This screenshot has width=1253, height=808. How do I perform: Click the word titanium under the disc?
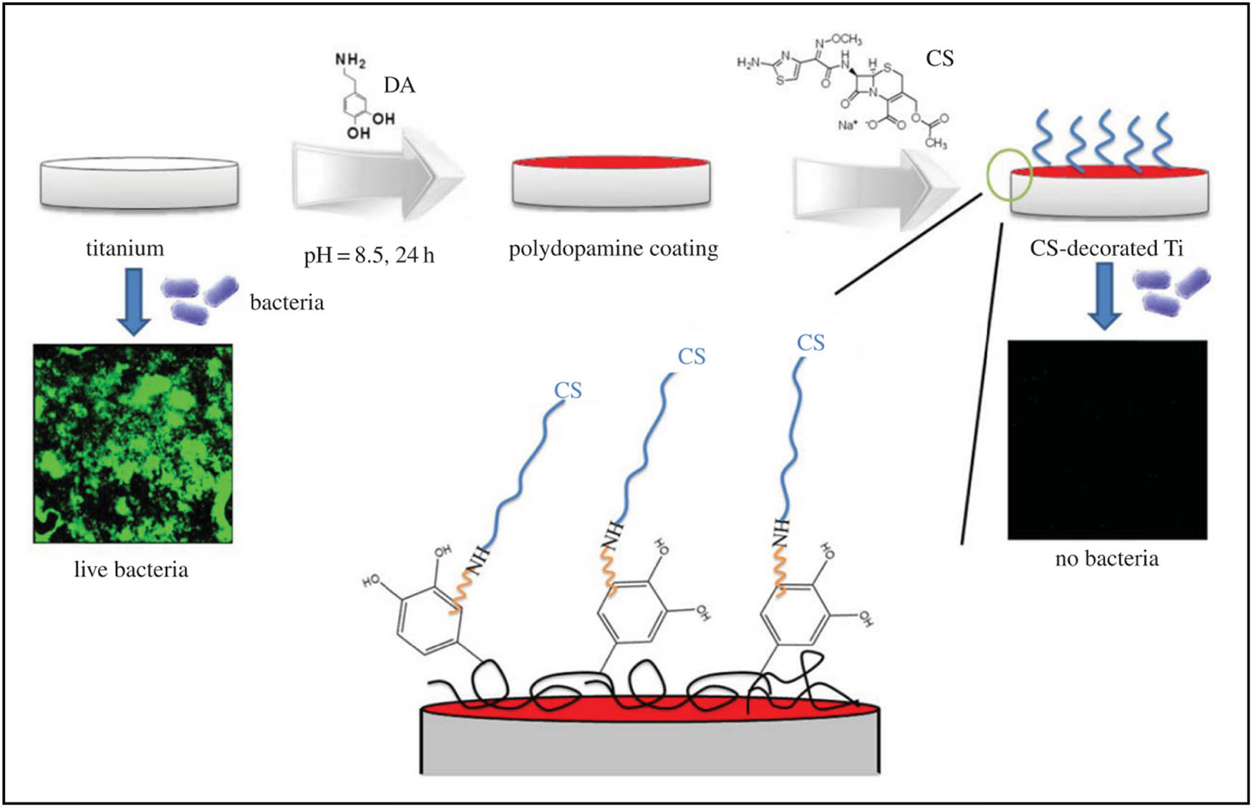[x=125, y=249]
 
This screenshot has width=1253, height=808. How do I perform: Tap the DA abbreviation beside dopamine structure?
[x=399, y=85]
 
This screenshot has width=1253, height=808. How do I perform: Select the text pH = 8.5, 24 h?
[x=369, y=255]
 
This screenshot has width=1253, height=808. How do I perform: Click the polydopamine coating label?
[x=613, y=249]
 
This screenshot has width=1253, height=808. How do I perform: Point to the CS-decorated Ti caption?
[x=1106, y=249]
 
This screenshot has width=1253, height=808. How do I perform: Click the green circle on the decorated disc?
[x=1010, y=175]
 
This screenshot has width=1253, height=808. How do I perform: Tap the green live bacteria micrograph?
[x=133, y=443]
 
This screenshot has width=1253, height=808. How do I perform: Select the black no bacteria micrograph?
[x=1107, y=440]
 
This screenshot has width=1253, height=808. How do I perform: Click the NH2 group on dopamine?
[x=350, y=60]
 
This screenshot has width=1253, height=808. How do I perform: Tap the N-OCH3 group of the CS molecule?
[x=838, y=41]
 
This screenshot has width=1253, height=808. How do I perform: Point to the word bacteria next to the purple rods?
[x=286, y=302]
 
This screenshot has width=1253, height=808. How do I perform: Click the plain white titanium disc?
[x=139, y=183]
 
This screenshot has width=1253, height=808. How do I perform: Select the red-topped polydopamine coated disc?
[x=611, y=182]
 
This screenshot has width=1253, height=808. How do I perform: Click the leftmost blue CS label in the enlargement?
[x=568, y=390]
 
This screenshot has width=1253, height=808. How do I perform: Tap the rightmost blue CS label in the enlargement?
[x=811, y=343]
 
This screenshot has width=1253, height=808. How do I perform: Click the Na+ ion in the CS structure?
[x=847, y=125]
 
